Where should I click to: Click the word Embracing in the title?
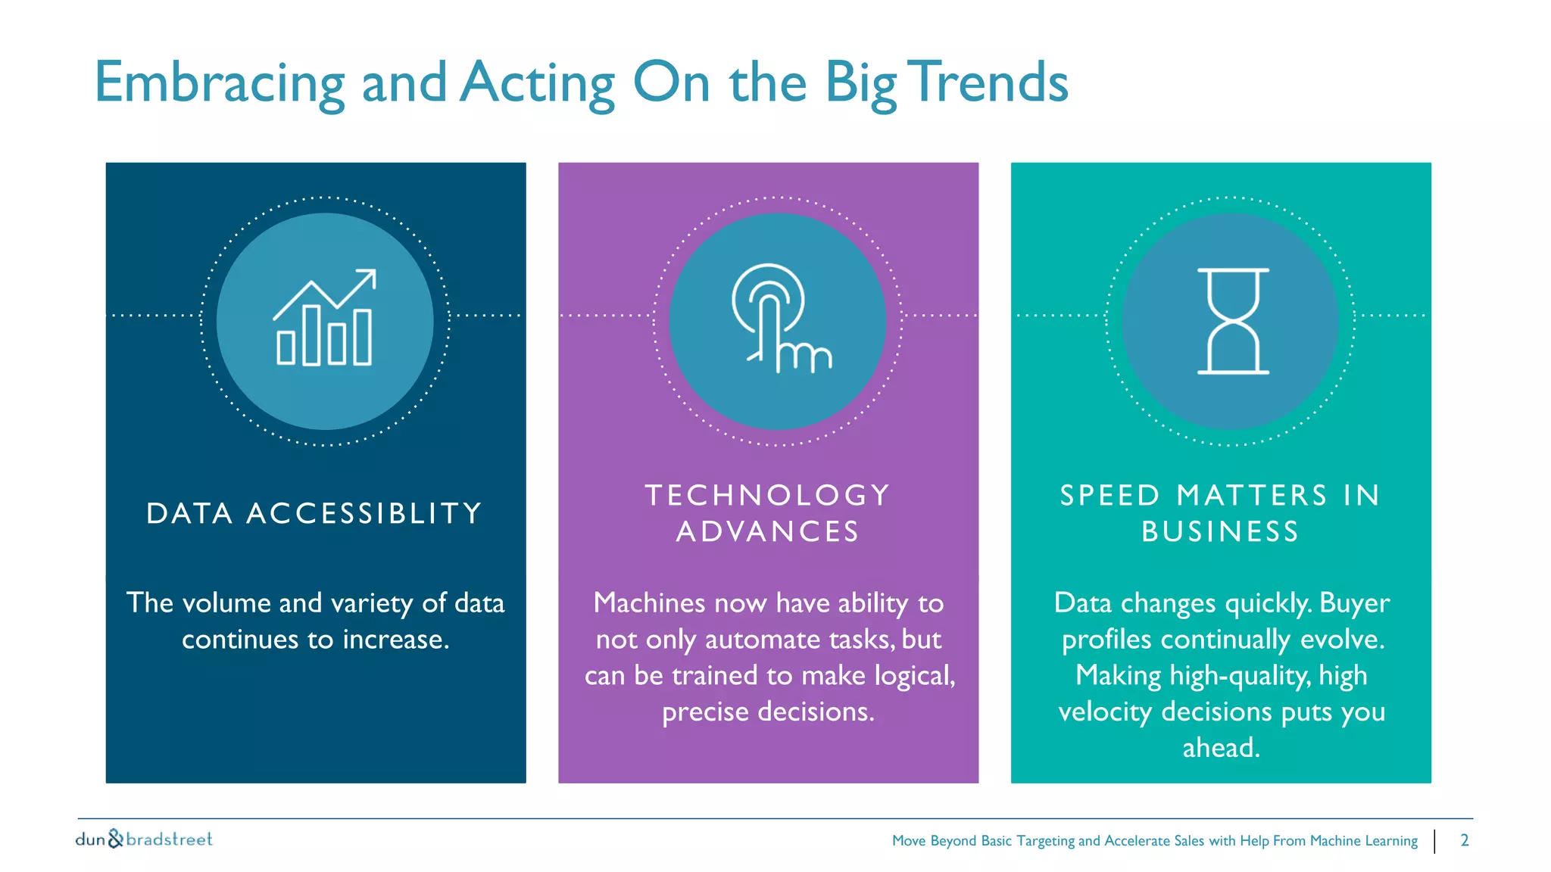coord(219,83)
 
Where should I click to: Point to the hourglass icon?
coord(1232,321)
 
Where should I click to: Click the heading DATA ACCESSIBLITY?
coord(315,513)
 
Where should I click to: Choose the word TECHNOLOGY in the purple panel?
coord(767,495)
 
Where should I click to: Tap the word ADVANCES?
coord(767,531)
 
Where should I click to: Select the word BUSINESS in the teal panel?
coord(1220,531)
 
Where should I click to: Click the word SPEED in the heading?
coord(1109,495)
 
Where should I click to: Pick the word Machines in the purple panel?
coord(649,603)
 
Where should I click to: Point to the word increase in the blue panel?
coord(395,640)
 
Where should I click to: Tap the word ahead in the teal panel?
coord(1220,748)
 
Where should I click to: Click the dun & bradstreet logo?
coord(144,839)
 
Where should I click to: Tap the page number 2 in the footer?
coord(1464,840)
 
